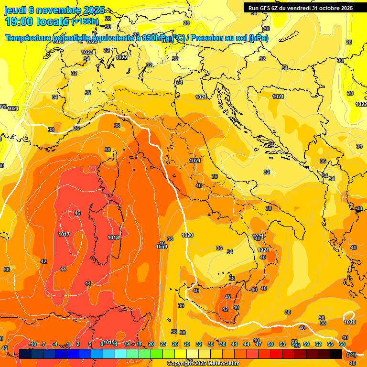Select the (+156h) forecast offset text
(x=85, y=22)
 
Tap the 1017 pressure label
(x=65, y=234)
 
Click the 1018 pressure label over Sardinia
(x=113, y=237)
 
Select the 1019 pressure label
(x=162, y=247)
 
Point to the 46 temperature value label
(x=77, y=213)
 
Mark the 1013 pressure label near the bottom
(x=109, y=342)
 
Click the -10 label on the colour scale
(x=33, y=344)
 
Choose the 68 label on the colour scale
(x=342, y=344)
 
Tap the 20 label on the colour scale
(x=151, y=344)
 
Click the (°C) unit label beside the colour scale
(x=351, y=354)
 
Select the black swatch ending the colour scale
(x=336, y=354)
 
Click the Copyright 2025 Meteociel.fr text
(x=203, y=363)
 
